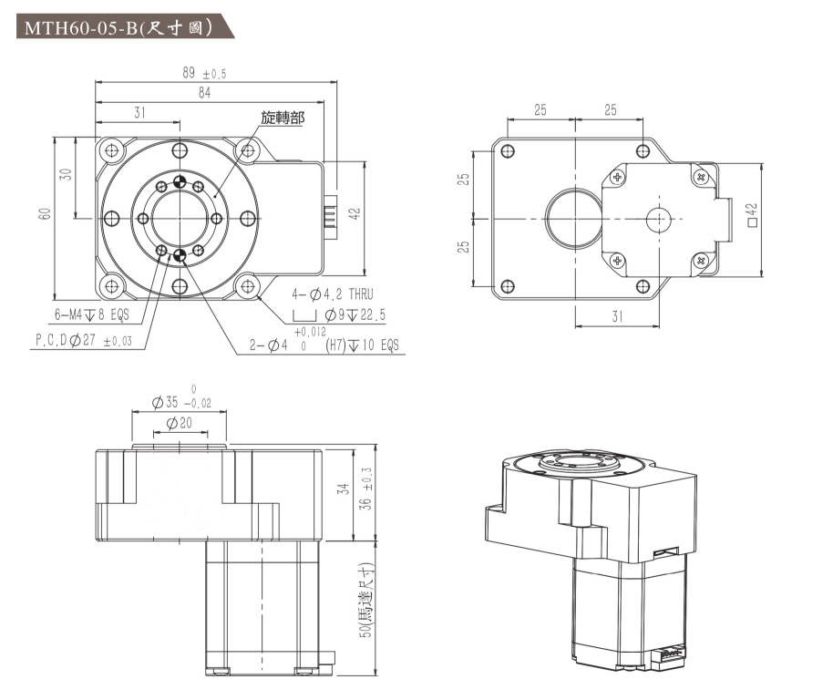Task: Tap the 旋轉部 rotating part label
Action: [283, 118]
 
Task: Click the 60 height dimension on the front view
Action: [46, 213]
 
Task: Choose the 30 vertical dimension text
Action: [65, 174]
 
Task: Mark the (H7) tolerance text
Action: [339, 346]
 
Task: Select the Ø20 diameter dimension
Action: [179, 424]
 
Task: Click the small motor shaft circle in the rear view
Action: [657, 219]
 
